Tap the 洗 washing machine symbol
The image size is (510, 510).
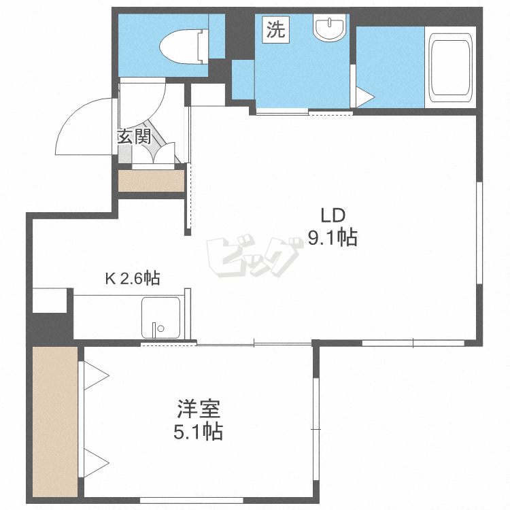274,30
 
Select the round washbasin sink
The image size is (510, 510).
329,29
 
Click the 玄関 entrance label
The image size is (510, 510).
134,136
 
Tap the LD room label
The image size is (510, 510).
333,216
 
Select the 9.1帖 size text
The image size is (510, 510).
332,238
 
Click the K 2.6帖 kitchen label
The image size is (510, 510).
132,278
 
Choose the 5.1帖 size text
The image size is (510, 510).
198,432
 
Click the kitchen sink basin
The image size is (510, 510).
161,318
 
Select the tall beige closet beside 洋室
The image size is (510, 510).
55,422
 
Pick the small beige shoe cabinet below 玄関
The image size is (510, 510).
151,181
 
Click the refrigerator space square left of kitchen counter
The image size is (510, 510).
49,300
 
